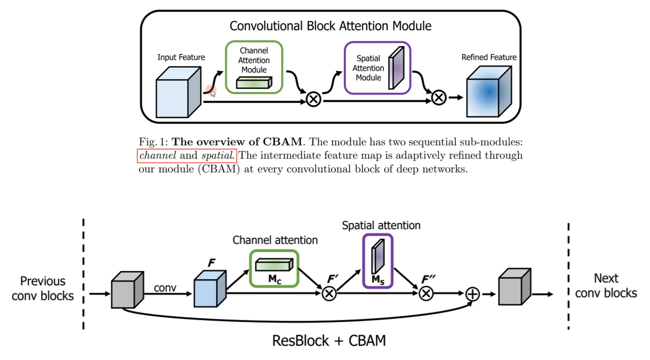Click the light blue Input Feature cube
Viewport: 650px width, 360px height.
178,93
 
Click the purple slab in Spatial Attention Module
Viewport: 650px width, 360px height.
396,68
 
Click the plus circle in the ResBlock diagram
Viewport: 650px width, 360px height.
472,294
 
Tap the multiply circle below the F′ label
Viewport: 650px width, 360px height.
329,294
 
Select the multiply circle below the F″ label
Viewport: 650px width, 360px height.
426,294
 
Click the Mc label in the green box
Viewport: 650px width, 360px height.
275,279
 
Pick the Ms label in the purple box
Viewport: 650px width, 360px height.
378,279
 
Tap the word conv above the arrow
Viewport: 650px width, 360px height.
165,288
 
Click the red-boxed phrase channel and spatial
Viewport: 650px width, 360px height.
187,155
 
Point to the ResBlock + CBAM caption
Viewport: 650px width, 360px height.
329,341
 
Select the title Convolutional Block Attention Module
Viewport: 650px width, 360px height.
330,26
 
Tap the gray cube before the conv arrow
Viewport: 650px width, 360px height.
127,290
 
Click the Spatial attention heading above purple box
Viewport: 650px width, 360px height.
381,225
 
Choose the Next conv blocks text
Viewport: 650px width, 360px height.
606,286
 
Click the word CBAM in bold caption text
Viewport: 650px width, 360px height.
282,142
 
